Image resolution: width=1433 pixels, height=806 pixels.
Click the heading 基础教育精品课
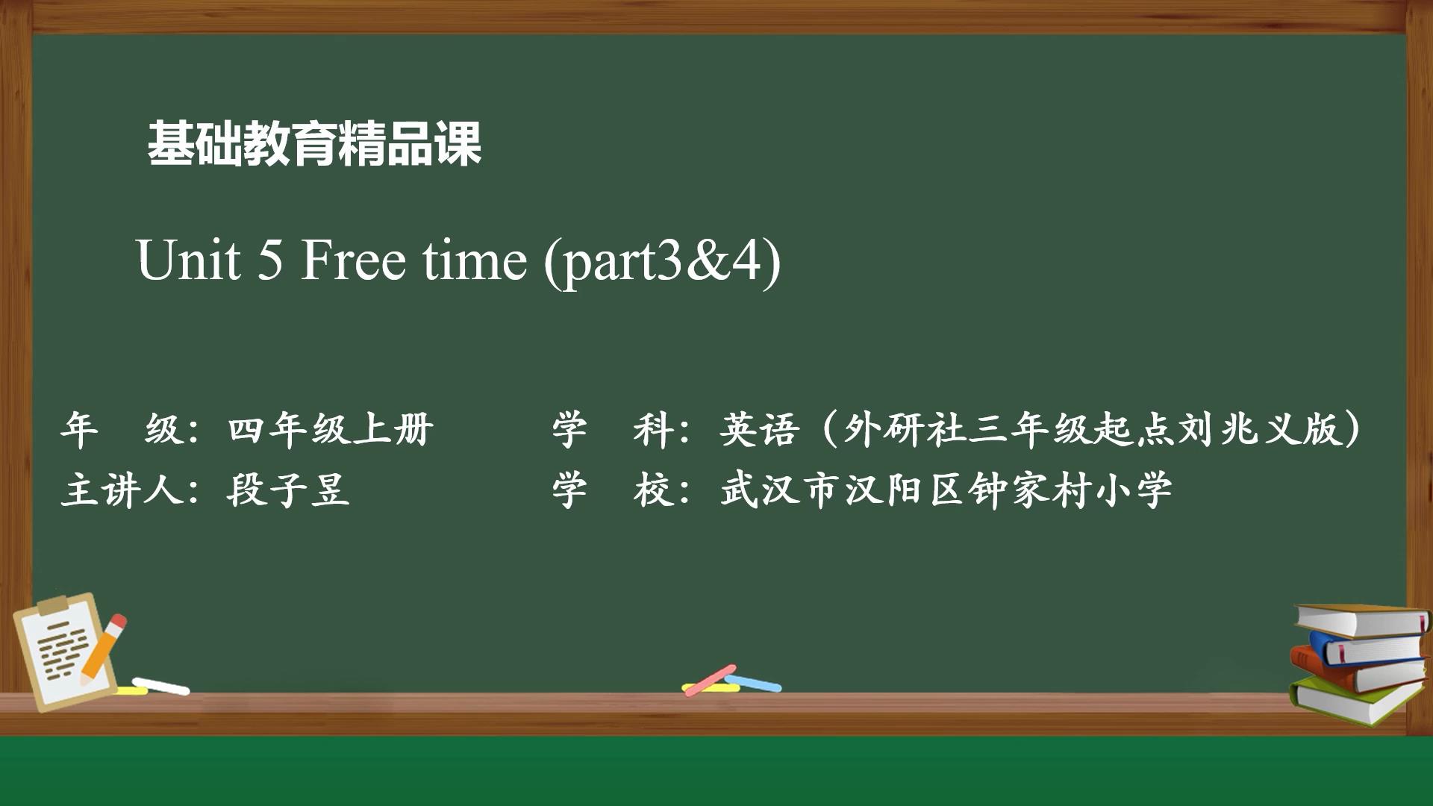(314, 143)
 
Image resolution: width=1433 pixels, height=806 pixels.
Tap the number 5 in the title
(271, 260)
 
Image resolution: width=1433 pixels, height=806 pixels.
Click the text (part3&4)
(663, 263)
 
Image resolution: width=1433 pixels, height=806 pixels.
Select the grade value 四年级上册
(330, 429)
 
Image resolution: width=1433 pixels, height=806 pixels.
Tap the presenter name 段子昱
(288, 490)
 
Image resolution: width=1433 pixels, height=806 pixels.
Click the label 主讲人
(122, 490)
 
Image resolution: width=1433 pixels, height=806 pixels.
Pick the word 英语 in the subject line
(760, 429)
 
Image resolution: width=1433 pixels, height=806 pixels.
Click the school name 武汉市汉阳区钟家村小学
(946, 490)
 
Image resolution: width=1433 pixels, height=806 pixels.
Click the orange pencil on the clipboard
(102, 648)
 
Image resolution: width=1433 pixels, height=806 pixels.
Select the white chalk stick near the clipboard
(160, 685)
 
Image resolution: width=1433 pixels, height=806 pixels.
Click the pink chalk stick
(711, 679)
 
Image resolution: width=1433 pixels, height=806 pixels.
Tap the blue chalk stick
(754, 683)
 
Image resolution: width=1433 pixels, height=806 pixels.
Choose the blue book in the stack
(1370, 646)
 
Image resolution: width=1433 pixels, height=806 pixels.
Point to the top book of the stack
(1361, 619)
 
